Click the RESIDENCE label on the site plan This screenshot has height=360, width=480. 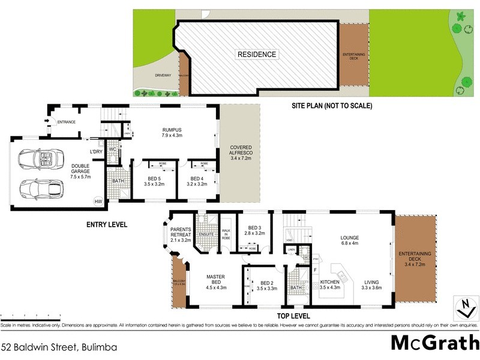257,55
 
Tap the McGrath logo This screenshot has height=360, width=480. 434,343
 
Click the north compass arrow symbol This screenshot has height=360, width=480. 464,307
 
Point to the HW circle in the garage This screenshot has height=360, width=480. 98,202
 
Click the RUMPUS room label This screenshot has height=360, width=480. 172,132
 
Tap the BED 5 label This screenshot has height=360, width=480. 154,182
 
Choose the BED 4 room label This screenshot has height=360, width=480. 199,182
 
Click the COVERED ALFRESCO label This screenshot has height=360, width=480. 239,154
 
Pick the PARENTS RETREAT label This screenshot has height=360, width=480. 180,235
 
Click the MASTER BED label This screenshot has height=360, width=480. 215,280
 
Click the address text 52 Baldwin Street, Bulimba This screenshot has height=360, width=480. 59,347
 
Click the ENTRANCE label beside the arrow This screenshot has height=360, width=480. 67,122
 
